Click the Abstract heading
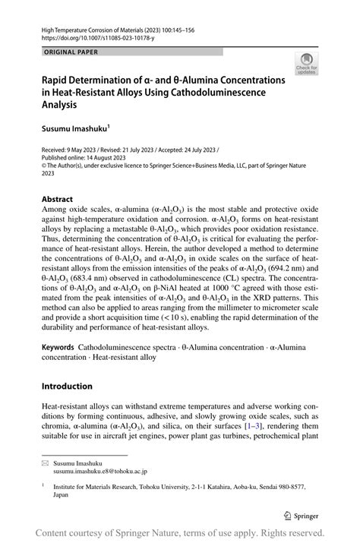tap(57, 199)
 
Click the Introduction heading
tap(67, 386)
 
